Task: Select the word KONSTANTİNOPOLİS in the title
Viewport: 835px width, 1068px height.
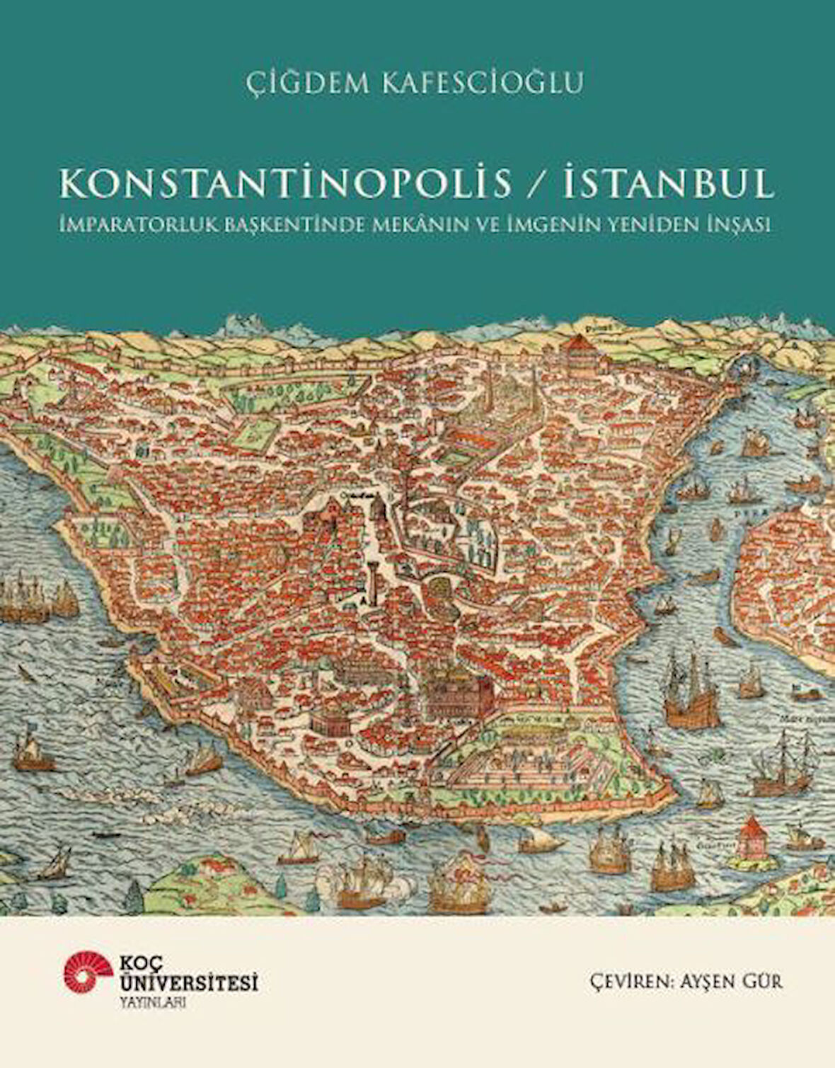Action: click(x=286, y=183)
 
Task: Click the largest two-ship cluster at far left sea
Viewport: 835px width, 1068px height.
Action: click(x=35, y=598)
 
